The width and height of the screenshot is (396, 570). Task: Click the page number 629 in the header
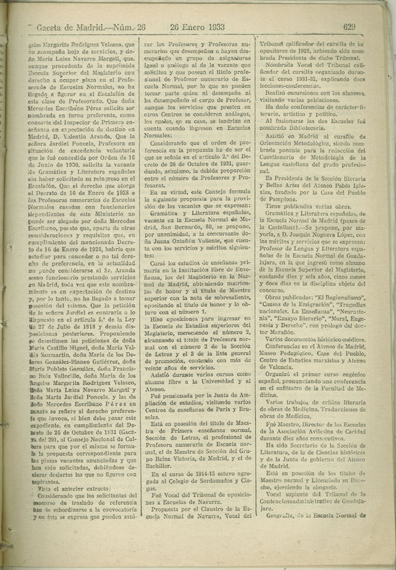(x=348, y=26)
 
